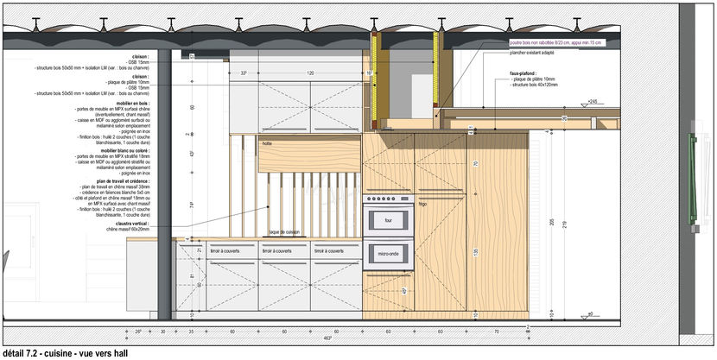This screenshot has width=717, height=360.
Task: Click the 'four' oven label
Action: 388,221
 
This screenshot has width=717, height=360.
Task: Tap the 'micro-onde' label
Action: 388,253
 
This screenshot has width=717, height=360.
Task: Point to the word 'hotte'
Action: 267,144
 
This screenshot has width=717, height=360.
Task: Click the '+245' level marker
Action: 592,103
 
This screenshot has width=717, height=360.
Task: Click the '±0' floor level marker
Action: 590,314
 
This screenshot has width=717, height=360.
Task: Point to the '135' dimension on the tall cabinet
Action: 474,252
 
